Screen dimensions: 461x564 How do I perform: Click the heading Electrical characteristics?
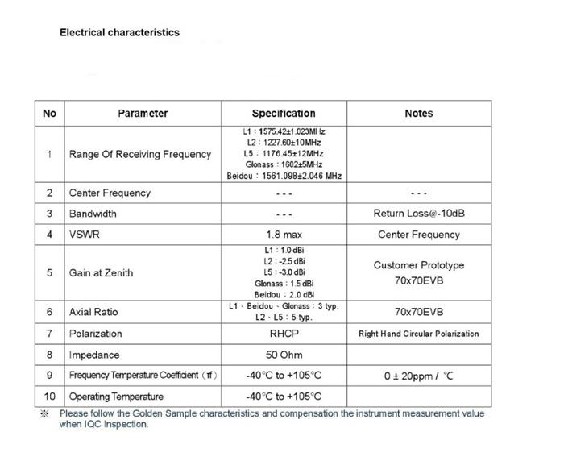coord(120,33)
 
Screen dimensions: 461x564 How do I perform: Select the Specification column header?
coord(284,114)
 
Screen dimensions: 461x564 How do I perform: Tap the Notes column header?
coord(418,114)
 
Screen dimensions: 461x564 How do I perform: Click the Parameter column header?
coord(143,114)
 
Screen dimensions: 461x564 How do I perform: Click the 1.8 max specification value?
coord(284,235)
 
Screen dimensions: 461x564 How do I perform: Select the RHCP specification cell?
coord(284,334)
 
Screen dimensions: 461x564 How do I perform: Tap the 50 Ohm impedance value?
coord(284,355)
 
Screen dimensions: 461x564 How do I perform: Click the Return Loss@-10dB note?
coord(418,214)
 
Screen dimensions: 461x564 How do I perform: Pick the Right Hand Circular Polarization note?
coord(418,334)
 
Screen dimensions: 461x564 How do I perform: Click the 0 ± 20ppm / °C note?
coord(418,376)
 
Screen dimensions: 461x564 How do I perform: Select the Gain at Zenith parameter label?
coord(101,272)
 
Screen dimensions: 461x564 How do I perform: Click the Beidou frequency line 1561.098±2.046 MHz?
coord(284,175)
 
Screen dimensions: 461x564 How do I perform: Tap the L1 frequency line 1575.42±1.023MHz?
coord(284,131)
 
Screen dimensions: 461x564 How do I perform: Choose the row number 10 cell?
coord(49,397)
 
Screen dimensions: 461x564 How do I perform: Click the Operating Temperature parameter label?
coord(116,397)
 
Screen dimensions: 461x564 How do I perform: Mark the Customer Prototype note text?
coord(418,265)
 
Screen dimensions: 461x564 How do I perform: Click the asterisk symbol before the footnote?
coord(45,414)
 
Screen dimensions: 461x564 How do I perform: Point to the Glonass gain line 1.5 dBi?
coord(284,284)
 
